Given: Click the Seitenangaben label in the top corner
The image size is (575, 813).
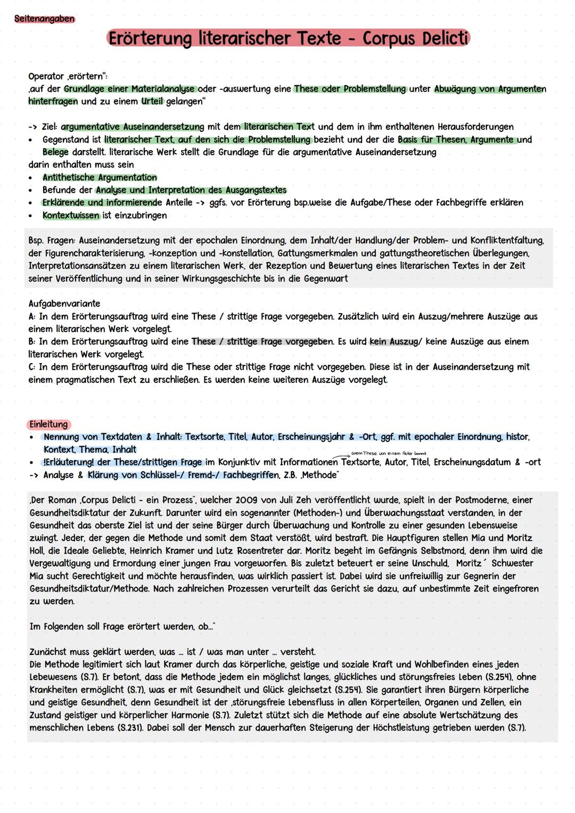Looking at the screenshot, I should coord(44,19).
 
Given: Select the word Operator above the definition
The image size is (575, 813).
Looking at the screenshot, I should coord(46,76).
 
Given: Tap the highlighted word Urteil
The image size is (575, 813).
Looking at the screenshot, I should coord(152,101).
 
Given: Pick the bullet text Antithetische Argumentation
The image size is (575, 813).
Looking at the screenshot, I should coord(100,177).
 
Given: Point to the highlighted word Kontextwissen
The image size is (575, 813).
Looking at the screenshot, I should coord(71,215).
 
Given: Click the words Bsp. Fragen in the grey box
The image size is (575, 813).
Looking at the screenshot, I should coord(51,241).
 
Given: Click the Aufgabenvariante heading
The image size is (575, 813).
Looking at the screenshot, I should coord(64,303).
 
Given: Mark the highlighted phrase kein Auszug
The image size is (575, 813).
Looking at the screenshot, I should coord(394,341).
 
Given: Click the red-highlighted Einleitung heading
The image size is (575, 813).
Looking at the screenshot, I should coord(48,424).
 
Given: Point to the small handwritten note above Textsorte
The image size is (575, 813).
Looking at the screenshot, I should coord(389,454).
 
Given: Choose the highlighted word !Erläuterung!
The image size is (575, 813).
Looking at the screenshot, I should coord(70,462).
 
